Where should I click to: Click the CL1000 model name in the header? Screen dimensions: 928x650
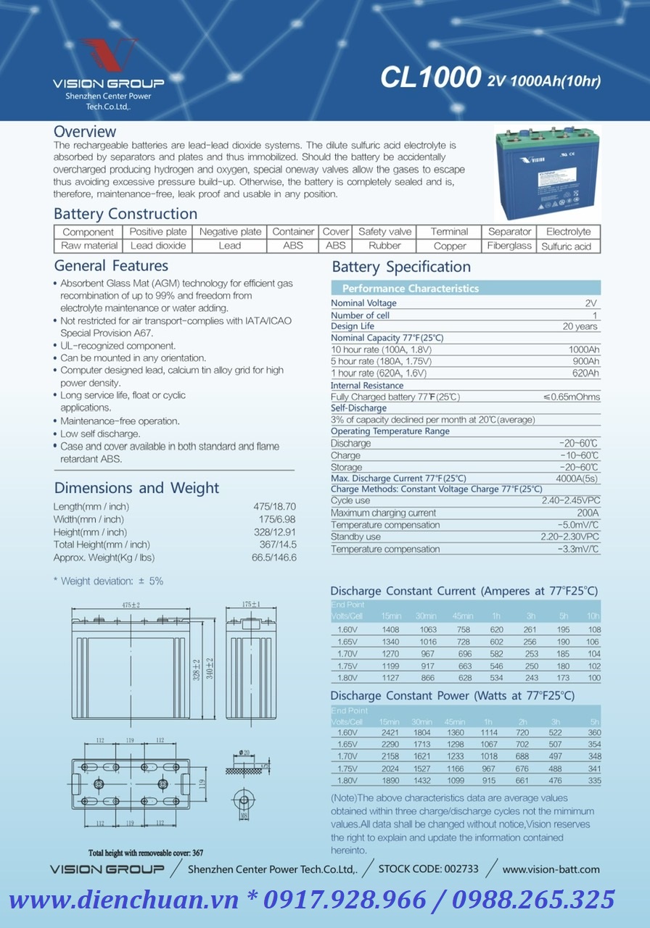pos(431,78)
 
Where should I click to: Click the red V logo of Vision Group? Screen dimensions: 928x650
pos(109,55)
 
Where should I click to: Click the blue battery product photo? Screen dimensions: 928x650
pos(547,173)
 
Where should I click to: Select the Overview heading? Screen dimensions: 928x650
pos(85,131)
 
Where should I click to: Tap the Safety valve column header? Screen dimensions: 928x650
pos(384,231)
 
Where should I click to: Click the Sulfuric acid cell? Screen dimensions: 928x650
pos(567,246)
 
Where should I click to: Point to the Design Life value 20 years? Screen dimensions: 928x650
pos(580,326)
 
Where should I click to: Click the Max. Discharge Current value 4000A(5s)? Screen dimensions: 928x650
pos(577,478)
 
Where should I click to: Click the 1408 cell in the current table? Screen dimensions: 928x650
pos(390,630)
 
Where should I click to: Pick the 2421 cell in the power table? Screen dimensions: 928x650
pos(390,733)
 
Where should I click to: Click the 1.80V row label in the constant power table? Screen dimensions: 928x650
pos(347,781)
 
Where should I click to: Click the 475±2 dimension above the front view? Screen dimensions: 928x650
pos(130,605)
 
